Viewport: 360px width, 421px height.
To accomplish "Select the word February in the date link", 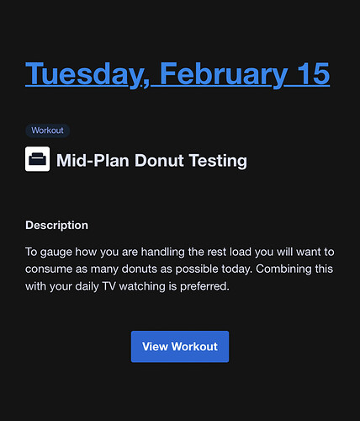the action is click(x=224, y=74).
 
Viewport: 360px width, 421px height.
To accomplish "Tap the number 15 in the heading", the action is click(x=313, y=73).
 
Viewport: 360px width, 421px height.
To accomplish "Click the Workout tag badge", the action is click(x=47, y=131).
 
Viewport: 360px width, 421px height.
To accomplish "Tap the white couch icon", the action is click(x=38, y=159).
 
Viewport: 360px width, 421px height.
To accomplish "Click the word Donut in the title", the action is click(x=159, y=161).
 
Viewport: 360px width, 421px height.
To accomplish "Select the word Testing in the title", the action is click(x=219, y=161).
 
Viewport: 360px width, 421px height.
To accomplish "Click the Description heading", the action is click(x=56, y=226).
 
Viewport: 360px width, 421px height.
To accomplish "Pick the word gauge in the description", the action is click(x=56, y=253).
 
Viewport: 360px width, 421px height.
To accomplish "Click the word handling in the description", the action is click(x=162, y=253).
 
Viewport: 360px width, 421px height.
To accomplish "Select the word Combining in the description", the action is click(x=283, y=269).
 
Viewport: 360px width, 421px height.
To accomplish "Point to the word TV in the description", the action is click(x=109, y=286).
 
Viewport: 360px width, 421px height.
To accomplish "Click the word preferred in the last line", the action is click(x=204, y=287).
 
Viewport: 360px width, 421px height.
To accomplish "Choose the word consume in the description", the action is click(x=49, y=269).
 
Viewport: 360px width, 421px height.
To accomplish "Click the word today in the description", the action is click(x=237, y=269).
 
